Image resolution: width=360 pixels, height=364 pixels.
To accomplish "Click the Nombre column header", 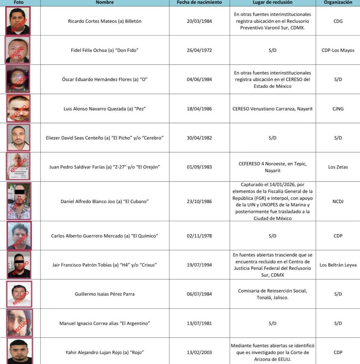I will click(105, 2).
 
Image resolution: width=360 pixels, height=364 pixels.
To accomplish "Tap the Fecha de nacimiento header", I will click(199, 2).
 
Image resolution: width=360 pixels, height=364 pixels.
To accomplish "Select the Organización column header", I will click(338, 2).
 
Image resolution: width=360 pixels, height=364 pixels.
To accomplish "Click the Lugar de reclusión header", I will click(272, 2).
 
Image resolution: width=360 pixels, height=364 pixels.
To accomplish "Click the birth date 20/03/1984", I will click(199, 21).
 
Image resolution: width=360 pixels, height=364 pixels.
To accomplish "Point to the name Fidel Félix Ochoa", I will click(105, 51).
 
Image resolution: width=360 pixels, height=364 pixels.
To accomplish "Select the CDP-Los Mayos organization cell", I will click(338, 51).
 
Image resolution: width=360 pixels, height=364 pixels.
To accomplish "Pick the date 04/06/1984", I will click(199, 79).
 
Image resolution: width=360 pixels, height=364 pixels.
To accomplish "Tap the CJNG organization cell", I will click(338, 109).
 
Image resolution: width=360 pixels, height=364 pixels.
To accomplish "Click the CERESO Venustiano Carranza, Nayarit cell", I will click(272, 109).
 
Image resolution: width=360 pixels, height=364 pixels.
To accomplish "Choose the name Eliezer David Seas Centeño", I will click(105, 138).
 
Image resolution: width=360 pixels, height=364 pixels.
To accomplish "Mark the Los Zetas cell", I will click(338, 167).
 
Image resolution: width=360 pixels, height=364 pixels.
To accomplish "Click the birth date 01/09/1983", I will click(199, 167).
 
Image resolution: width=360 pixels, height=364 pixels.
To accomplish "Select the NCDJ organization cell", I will click(338, 201).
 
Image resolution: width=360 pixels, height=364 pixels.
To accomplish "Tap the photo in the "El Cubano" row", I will click(19, 201).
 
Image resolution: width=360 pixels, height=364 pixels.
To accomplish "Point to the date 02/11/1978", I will click(199, 236).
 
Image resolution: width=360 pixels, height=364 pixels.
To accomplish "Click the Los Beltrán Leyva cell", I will click(338, 265).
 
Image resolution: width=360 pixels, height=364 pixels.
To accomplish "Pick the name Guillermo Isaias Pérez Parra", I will click(105, 294).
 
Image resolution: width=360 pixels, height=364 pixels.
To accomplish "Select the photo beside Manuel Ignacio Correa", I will click(19, 323).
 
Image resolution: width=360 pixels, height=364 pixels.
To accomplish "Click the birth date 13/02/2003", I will click(199, 352).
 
